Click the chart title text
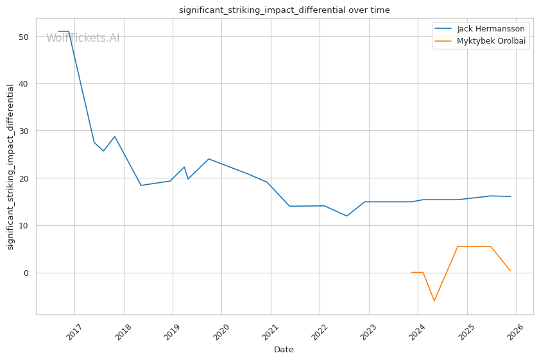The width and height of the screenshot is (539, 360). click(x=284, y=10)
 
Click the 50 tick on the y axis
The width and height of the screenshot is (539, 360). click(x=24, y=37)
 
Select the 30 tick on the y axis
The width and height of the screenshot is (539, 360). click(x=24, y=131)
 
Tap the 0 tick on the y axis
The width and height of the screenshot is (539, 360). click(x=26, y=273)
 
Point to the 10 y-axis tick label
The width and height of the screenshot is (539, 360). click(x=24, y=225)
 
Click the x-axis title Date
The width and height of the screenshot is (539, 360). click(x=284, y=350)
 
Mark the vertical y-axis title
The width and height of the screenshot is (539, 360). click(x=10, y=167)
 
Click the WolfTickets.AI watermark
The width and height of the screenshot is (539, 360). click(x=83, y=38)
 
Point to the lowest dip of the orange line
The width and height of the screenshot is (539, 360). click(x=434, y=301)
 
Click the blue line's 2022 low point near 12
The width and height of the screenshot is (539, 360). click(x=347, y=216)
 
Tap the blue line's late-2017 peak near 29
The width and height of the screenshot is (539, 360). click(x=115, y=136)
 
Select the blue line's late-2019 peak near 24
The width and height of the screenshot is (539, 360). click(x=209, y=159)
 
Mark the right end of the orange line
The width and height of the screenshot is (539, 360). click(x=511, y=271)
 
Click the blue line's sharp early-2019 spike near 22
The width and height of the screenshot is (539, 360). click(x=184, y=167)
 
